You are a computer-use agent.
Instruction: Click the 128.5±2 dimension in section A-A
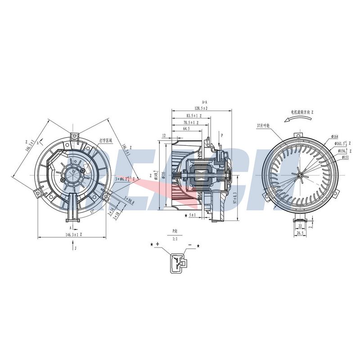click(201, 108)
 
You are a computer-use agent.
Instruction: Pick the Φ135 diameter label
click(164, 174)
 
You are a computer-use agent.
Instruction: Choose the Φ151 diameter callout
click(346, 157)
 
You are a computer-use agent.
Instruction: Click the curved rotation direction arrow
click(295, 118)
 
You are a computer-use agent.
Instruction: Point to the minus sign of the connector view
click(190, 244)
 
